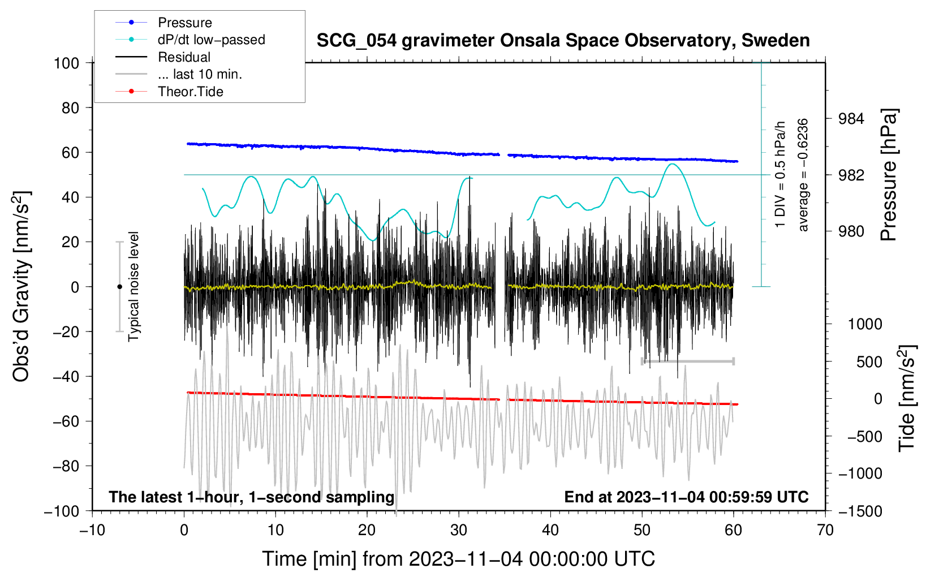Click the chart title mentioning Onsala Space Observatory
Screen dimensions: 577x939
[x=563, y=41]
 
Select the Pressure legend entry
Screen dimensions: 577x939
[x=184, y=23]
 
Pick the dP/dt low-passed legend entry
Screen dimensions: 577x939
[x=211, y=40]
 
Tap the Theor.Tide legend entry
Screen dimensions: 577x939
[x=190, y=92]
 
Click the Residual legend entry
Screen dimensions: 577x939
[x=184, y=57]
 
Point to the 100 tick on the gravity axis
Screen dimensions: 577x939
[x=66, y=63]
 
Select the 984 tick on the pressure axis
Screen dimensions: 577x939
[x=851, y=119]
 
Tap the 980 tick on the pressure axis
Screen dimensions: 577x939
[x=851, y=231]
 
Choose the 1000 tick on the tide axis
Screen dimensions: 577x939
[x=864, y=324]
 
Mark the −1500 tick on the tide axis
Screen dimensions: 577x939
[x=860, y=511]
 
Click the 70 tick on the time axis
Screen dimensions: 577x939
[x=825, y=530]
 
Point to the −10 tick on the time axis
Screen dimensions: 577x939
[x=92, y=530]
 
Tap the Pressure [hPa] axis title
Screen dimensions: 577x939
[x=889, y=175]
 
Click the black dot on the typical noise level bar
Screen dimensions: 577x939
[x=119, y=287]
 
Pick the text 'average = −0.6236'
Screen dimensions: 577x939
[x=803, y=175]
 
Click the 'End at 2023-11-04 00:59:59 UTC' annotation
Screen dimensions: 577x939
[x=686, y=497]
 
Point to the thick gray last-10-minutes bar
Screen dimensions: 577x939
[x=687, y=361]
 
